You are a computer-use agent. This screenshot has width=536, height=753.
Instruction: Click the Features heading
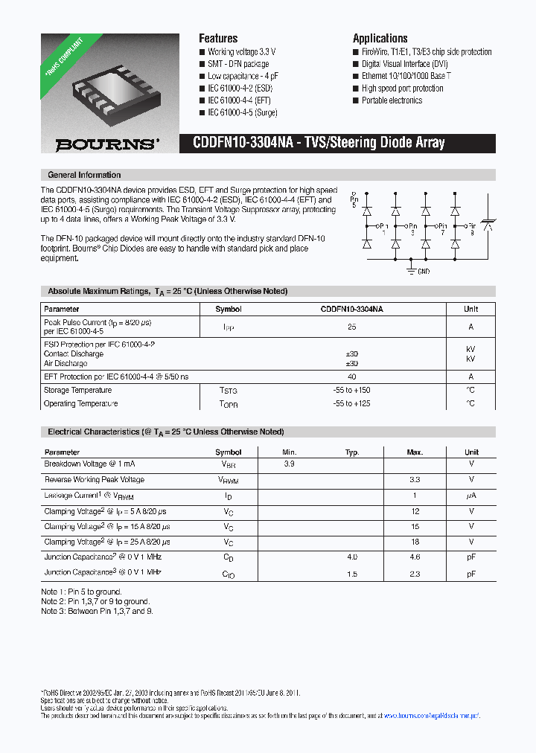(x=218, y=39)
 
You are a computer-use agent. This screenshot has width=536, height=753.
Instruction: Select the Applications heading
(x=380, y=39)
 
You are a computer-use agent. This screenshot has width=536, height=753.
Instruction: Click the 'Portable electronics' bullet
(x=392, y=100)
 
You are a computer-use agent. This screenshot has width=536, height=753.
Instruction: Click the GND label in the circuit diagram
(x=423, y=272)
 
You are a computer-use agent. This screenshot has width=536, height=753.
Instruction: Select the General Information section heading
(x=84, y=175)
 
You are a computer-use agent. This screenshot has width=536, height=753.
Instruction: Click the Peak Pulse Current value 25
(x=351, y=327)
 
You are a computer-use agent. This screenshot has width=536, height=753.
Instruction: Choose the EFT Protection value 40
(x=351, y=376)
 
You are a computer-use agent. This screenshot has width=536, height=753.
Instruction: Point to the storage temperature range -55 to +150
(x=351, y=390)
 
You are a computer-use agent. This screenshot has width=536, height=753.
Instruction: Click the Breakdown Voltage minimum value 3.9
(x=289, y=464)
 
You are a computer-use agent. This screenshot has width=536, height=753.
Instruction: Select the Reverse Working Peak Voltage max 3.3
(x=415, y=480)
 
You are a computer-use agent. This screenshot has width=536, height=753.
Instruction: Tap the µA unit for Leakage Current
(x=470, y=496)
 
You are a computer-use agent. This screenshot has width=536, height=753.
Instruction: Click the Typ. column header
(x=352, y=452)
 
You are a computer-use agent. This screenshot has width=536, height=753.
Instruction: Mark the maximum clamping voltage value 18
(x=415, y=542)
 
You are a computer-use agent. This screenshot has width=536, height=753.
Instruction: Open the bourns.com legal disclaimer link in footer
(x=432, y=715)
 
